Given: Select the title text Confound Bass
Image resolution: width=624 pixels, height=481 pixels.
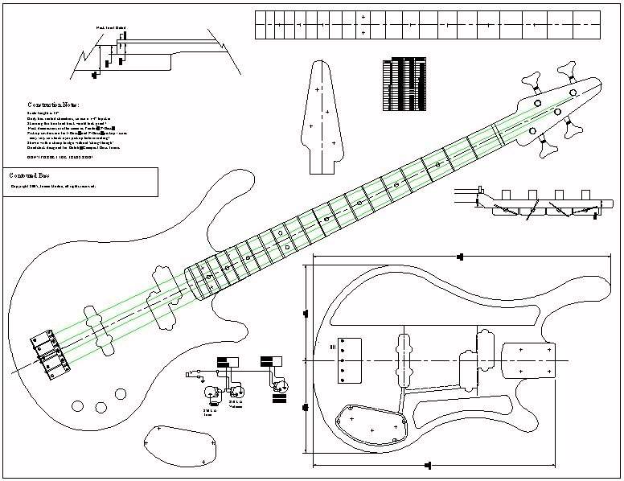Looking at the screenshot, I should [x=31, y=175].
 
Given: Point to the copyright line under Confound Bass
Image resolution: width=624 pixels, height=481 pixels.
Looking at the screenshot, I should [x=53, y=186].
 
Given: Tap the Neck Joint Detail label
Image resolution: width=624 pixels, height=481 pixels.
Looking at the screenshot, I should [x=111, y=28].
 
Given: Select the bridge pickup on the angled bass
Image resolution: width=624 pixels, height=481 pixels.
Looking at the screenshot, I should [x=99, y=327].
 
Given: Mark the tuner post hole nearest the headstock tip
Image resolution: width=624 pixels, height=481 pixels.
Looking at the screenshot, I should [x=573, y=92].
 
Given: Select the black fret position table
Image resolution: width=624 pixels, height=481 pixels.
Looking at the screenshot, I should [x=405, y=84].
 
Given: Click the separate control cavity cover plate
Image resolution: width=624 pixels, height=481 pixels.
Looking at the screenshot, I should [x=180, y=445].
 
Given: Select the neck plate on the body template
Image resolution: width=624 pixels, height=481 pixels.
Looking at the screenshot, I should [x=528, y=360].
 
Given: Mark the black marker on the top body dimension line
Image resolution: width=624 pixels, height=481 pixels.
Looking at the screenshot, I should [x=460, y=257].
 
